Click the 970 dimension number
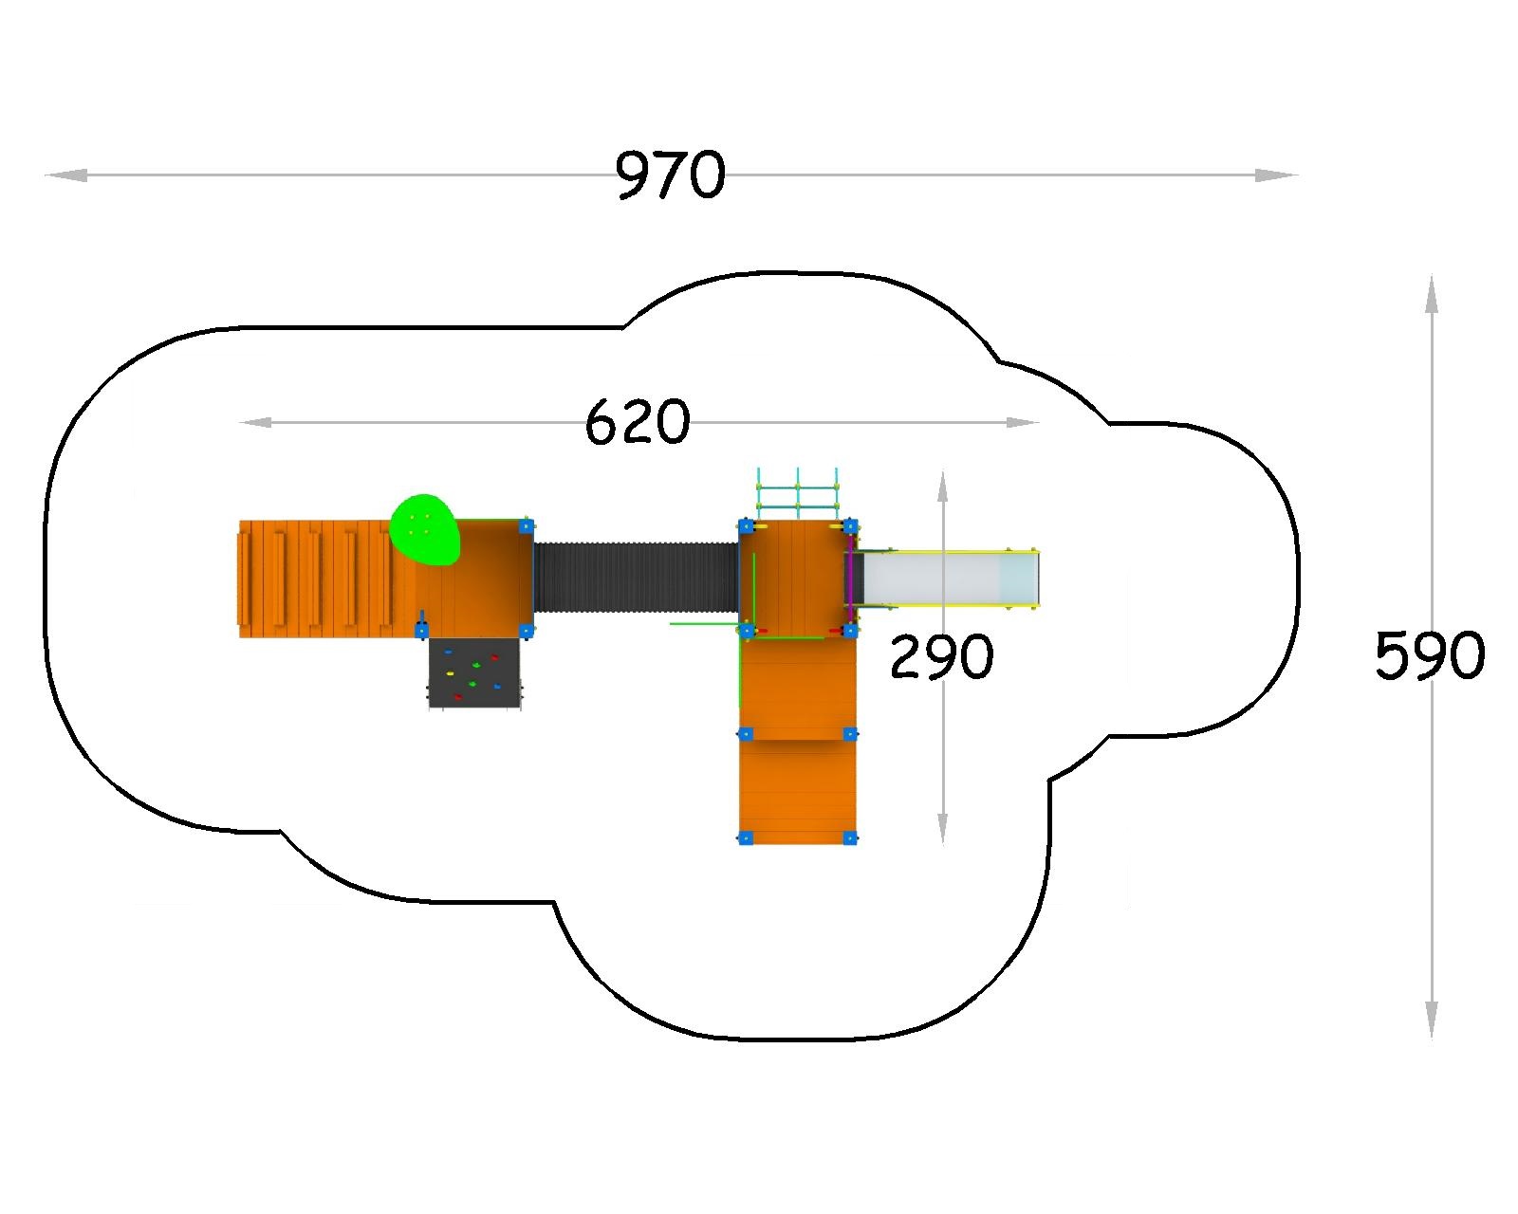click(x=670, y=175)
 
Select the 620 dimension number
click(x=637, y=421)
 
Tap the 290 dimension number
click(x=942, y=656)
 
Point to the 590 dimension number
click(x=1430, y=654)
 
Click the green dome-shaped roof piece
click(x=425, y=530)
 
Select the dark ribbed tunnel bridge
click(x=637, y=577)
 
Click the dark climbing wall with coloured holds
click(x=474, y=673)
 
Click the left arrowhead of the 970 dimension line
click(x=65, y=175)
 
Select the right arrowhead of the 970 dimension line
click(x=1276, y=175)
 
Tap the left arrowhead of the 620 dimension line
click(x=254, y=422)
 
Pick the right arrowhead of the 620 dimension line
click(x=1022, y=422)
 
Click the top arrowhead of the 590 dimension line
click(x=1432, y=293)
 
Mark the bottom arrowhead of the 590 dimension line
click(x=1432, y=1021)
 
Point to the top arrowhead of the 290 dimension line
click(x=942, y=486)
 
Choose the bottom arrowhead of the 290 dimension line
click(x=942, y=829)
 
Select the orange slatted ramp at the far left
click(x=328, y=579)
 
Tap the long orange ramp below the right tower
click(x=798, y=741)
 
